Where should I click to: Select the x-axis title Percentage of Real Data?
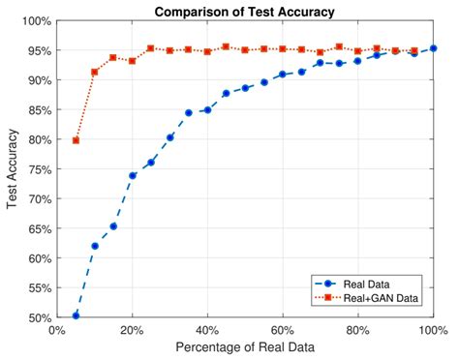pyautogui.click(x=244, y=347)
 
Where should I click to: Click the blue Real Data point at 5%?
pyautogui.click(x=76, y=315)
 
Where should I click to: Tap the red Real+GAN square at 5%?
pyautogui.click(x=76, y=140)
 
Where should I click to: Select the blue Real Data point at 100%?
pyautogui.click(x=433, y=48)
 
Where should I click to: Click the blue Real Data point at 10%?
pyautogui.click(x=95, y=246)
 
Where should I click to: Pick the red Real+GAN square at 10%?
pyautogui.click(x=95, y=72)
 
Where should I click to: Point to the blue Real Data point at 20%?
pyautogui.click(x=132, y=175)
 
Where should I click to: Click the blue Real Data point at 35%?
pyautogui.click(x=189, y=112)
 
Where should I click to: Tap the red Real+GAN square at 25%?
pyautogui.click(x=151, y=47)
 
